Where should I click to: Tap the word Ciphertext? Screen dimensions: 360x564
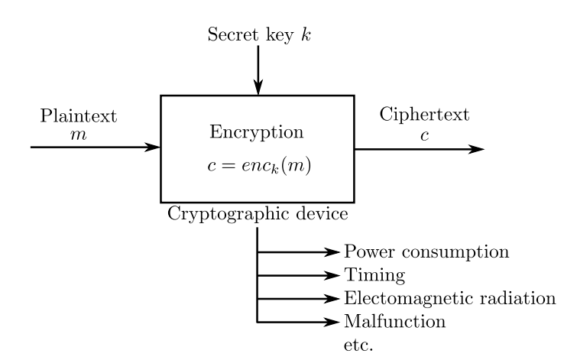(424, 115)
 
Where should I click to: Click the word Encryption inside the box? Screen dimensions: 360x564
(257, 131)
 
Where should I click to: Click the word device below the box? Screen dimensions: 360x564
(321, 214)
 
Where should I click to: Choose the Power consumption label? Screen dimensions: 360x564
(426, 251)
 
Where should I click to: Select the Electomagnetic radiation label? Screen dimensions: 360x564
(449, 297)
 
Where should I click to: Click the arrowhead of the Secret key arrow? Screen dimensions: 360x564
(258, 87)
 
